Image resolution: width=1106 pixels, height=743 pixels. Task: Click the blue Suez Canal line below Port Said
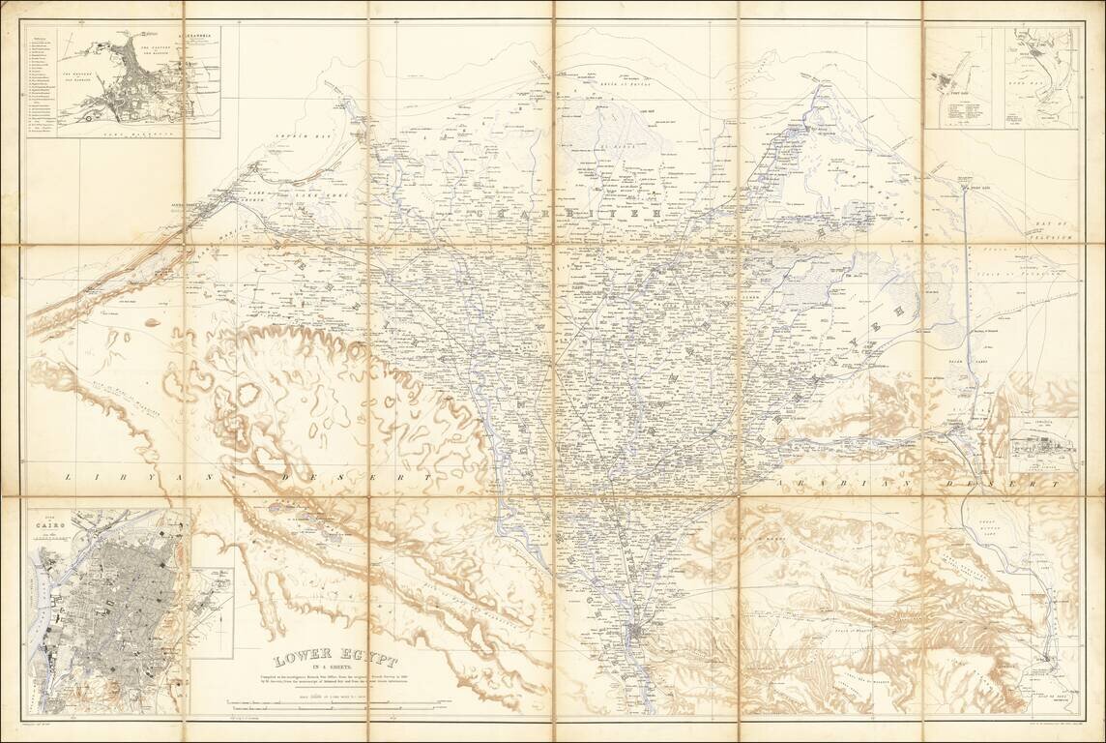pyautogui.click(x=965, y=252)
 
